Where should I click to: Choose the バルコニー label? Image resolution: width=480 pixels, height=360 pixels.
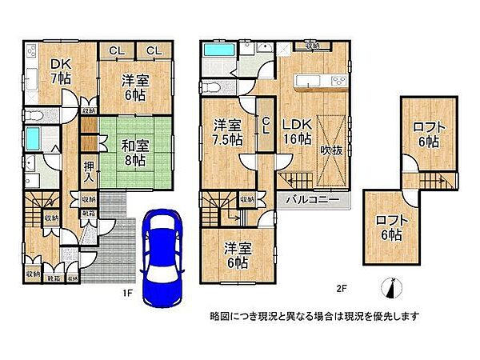311,198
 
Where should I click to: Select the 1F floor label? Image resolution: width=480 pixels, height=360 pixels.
126,292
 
